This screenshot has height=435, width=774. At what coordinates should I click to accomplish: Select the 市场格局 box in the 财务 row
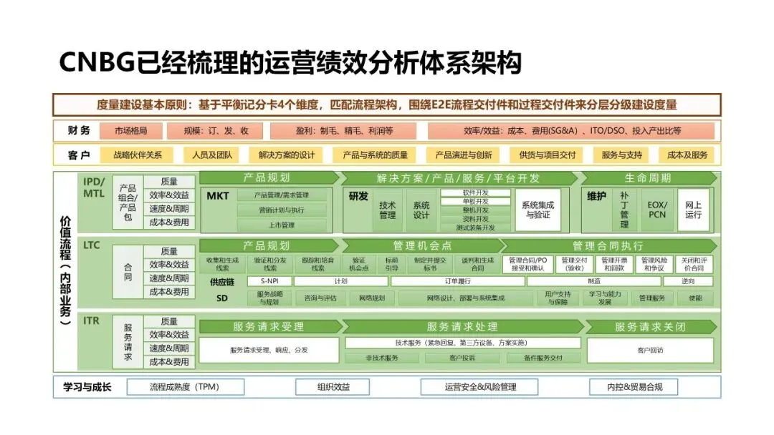click(130, 131)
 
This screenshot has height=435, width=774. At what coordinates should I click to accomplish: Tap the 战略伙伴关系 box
click(138, 155)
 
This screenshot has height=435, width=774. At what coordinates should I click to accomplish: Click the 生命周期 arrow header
click(648, 178)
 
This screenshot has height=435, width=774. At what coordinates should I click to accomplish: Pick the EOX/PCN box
click(656, 210)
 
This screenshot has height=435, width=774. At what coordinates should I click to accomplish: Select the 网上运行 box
click(693, 210)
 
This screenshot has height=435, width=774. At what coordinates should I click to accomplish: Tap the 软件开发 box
click(475, 192)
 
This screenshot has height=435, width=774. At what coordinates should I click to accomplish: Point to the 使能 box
click(694, 298)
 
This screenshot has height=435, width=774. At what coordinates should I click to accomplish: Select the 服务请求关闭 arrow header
click(649, 327)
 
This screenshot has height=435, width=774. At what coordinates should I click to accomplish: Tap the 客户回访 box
click(649, 350)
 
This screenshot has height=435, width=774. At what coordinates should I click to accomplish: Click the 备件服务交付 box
click(543, 358)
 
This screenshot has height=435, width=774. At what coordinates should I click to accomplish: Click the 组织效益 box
click(333, 387)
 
